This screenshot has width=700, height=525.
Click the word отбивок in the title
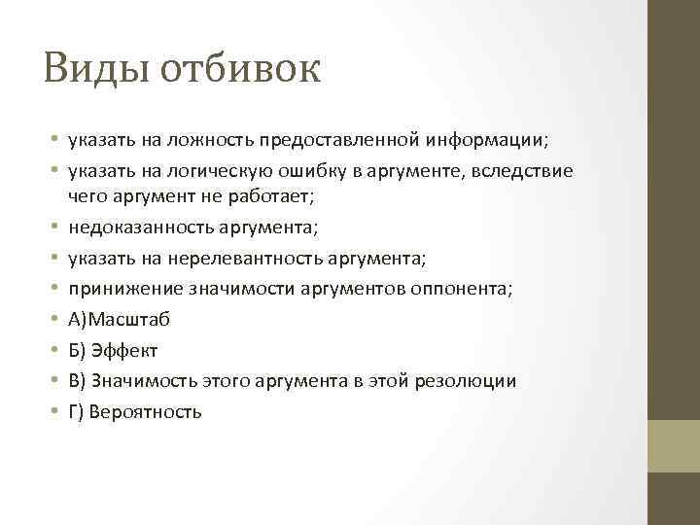240,69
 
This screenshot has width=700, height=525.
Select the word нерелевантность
228,258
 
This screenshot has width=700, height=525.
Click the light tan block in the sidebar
674,446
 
